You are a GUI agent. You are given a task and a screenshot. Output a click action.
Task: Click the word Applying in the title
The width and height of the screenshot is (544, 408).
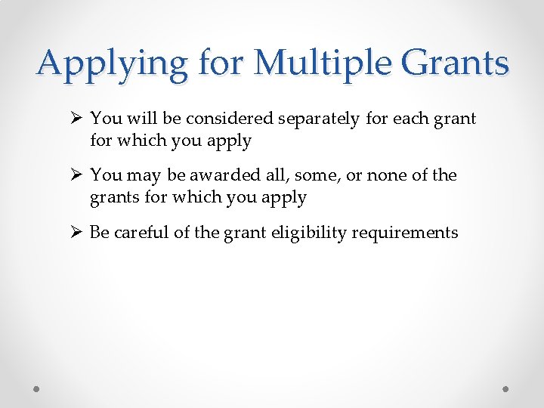(112, 63)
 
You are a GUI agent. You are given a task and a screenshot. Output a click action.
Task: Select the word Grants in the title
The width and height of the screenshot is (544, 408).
(456, 63)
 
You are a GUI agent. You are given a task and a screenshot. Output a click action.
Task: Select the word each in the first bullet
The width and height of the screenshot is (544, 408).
(406, 119)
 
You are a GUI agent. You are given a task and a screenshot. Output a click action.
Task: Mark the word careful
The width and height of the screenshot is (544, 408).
(140, 232)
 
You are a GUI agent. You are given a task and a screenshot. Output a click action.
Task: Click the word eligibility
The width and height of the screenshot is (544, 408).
(298, 232)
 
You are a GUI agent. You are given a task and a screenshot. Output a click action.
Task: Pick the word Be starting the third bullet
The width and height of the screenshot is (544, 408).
(100, 232)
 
